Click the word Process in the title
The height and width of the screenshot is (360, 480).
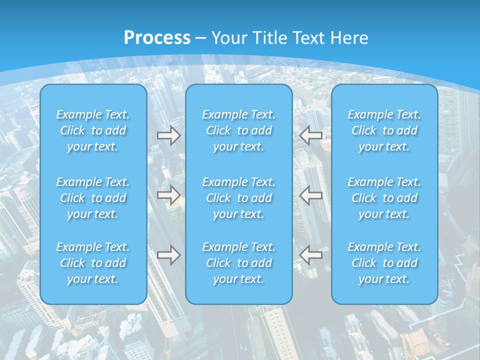pos(157,37)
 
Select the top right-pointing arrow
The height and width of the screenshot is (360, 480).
pos(168,135)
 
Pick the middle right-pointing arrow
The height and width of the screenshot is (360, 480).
pos(168,195)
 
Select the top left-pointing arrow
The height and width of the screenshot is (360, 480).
pos(311,135)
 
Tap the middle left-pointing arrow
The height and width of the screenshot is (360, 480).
pos(311,195)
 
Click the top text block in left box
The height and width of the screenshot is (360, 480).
pos(93,130)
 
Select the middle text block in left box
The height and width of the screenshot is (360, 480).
pos(93,198)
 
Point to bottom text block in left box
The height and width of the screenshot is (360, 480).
pos(93,263)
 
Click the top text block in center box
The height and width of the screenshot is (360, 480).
pos(238,130)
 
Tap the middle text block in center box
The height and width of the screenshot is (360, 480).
pos(238,198)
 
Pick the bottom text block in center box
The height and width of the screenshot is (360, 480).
pos(238,263)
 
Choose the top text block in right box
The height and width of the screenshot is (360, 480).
pos(384,130)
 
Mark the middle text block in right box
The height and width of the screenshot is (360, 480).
pos(384,198)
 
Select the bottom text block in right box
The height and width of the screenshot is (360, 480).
pos(384,263)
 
